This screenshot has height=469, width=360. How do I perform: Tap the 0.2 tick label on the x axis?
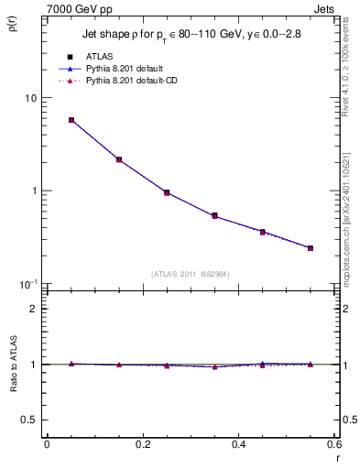tap(142, 444)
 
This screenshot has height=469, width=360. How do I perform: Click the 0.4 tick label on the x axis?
tap(237, 444)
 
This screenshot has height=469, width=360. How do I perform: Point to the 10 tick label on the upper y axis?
tap(30, 98)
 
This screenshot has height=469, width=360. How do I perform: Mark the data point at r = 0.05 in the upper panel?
tap(71, 120)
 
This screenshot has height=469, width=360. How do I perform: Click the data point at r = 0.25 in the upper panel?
tap(167, 192)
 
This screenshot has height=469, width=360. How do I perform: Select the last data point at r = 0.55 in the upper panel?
tap(311, 248)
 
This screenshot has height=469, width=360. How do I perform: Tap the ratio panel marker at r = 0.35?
tap(214, 366)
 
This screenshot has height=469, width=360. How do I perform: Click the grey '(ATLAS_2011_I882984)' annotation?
tap(191, 273)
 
